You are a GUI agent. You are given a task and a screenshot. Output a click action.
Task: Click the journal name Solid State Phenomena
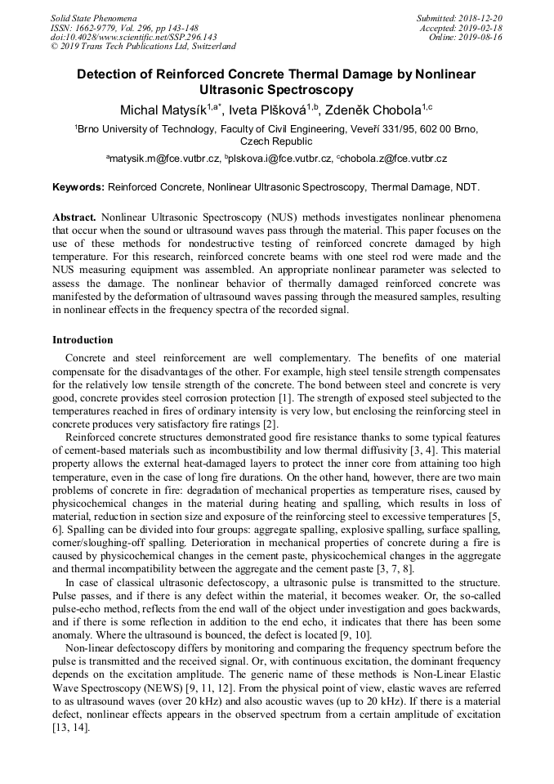93,17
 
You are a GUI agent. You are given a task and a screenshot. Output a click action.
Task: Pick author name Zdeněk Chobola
381,110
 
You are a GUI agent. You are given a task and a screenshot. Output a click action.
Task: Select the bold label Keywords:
78,187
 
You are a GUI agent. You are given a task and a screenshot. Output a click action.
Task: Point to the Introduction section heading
83,340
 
